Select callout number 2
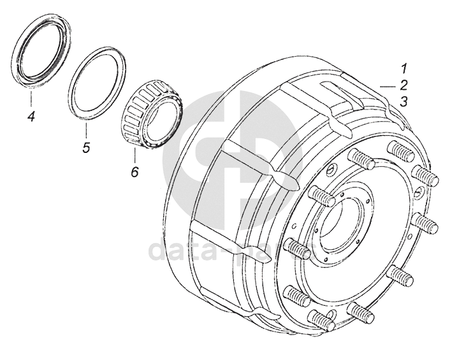tap(404, 85)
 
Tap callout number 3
tap(404, 101)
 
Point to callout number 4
tap(30, 116)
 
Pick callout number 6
tap(134, 171)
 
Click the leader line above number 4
tap(30, 99)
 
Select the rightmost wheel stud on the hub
tap(424, 224)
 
